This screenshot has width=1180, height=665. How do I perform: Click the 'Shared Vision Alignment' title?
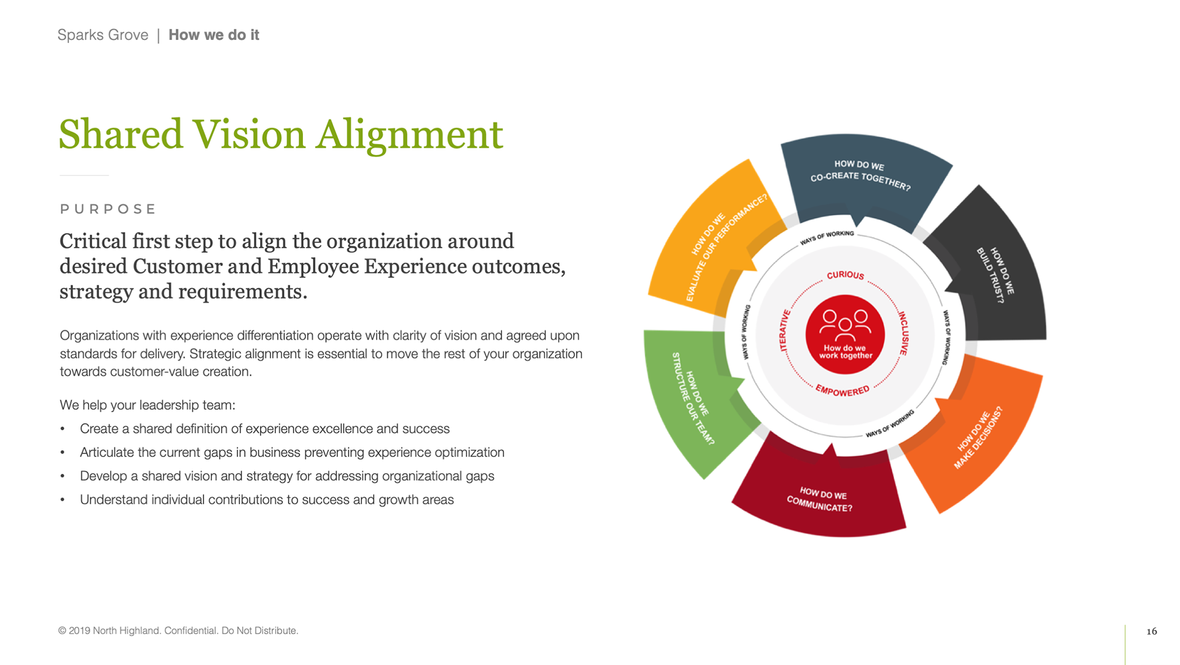pyautogui.click(x=281, y=135)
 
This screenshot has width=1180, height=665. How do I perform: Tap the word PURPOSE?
pyautogui.click(x=108, y=209)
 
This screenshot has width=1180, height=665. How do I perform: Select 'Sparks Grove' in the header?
pyautogui.click(x=103, y=35)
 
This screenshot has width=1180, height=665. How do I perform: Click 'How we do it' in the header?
pyautogui.click(x=214, y=35)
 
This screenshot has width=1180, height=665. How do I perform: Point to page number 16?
pyautogui.click(x=1152, y=631)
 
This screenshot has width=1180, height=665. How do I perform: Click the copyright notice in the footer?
pyautogui.click(x=178, y=631)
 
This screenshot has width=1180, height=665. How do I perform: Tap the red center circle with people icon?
pyautogui.click(x=845, y=334)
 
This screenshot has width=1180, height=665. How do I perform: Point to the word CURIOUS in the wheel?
pyautogui.click(x=846, y=275)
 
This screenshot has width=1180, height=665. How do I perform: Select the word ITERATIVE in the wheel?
pyautogui.click(x=784, y=331)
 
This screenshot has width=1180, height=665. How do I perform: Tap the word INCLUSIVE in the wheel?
pyautogui.click(x=903, y=333)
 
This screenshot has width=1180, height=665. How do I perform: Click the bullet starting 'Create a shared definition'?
pyautogui.click(x=265, y=429)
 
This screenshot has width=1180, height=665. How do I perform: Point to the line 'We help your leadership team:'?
pyautogui.click(x=147, y=405)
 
